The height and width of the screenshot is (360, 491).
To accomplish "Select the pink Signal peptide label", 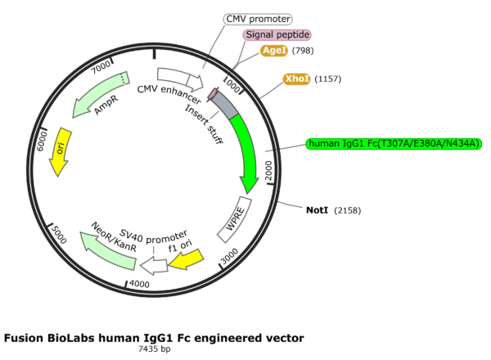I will pos(277,34).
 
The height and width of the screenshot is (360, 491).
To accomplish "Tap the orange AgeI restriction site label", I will pos(273,51).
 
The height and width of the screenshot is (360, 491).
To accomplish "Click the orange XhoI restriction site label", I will pos(295,79).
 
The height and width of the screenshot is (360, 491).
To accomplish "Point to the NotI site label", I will pos(317,210).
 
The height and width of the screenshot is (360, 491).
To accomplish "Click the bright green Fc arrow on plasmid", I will pos(248,151).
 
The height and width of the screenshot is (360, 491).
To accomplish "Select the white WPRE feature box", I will pos(234,218).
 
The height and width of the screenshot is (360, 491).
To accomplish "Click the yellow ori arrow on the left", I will pos(59,152).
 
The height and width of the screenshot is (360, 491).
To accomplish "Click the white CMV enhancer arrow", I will pos(181,79).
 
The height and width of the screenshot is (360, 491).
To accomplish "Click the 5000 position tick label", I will pos(59,232).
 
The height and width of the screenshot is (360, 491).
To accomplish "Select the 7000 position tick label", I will pos(101,65).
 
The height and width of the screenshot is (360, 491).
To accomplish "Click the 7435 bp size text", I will pos(154,349).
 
